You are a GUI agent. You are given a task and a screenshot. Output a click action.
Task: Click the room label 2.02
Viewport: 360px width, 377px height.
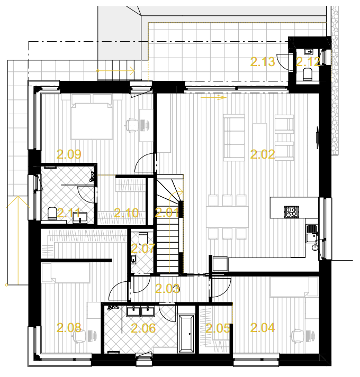262,154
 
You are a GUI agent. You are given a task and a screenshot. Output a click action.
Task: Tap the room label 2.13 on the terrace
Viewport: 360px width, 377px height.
263,62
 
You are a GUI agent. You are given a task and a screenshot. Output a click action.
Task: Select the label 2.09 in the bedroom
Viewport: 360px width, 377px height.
69,154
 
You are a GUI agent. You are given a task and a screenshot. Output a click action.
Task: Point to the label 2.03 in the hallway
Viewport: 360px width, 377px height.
167,289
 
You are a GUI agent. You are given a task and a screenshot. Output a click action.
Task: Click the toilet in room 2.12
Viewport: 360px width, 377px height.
308,74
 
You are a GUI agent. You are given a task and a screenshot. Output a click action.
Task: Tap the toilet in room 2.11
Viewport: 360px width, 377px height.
52,214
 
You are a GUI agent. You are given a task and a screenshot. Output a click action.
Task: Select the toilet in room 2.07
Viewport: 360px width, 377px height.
143,238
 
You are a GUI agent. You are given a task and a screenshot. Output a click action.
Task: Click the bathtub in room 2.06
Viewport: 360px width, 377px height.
186,334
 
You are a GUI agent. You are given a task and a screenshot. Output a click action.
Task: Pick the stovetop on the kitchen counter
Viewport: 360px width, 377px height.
291,212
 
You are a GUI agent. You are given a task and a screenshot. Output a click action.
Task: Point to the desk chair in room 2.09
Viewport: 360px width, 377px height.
131,125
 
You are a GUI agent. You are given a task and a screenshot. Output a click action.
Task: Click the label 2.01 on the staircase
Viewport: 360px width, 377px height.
167,213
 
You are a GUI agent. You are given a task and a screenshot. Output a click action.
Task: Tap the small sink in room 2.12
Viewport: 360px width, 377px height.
308,52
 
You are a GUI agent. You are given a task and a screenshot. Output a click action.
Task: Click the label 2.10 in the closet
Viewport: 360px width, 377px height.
126,213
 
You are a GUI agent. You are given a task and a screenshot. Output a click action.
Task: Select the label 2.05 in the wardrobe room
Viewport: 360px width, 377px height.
218,328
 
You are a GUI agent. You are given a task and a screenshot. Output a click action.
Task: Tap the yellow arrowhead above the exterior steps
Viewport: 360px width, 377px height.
132,71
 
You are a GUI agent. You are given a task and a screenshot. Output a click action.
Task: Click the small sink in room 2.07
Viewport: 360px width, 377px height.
133,260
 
